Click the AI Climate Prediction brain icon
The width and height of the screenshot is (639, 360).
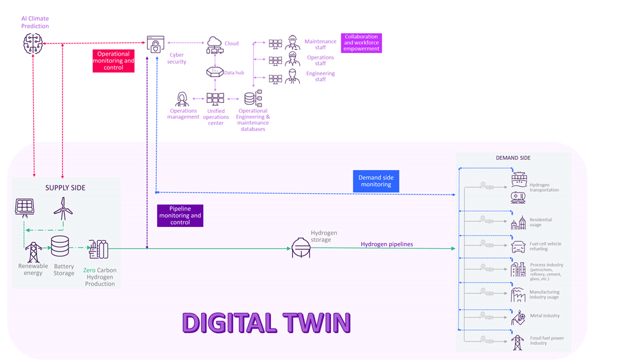[x=33, y=44]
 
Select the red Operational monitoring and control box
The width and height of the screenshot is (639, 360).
[x=113, y=61]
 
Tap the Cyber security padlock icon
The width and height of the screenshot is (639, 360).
[x=155, y=44]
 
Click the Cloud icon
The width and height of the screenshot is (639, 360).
[x=215, y=45]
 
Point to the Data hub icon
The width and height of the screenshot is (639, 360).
[x=215, y=72]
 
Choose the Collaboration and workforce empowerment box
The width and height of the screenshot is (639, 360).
[x=361, y=43]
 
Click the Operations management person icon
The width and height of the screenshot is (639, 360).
[x=182, y=100]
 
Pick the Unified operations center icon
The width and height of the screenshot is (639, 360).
[x=215, y=99]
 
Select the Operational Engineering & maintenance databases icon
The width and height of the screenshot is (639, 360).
[x=253, y=98]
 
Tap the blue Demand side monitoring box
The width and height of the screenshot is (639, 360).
[x=376, y=181]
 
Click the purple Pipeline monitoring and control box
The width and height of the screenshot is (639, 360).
[x=180, y=215]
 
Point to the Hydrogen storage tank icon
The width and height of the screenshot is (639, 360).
[x=301, y=247]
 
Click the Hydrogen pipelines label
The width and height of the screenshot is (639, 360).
[x=387, y=244]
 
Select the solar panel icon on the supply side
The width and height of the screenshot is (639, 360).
[x=25, y=207]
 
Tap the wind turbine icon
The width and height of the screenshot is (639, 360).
[x=63, y=208]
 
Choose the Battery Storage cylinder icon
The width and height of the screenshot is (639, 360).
[x=60, y=246]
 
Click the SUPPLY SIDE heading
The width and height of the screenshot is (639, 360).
[x=65, y=188]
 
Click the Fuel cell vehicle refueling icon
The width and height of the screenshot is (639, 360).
[x=518, y=246]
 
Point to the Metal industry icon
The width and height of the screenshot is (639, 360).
[x=518, y=317]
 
